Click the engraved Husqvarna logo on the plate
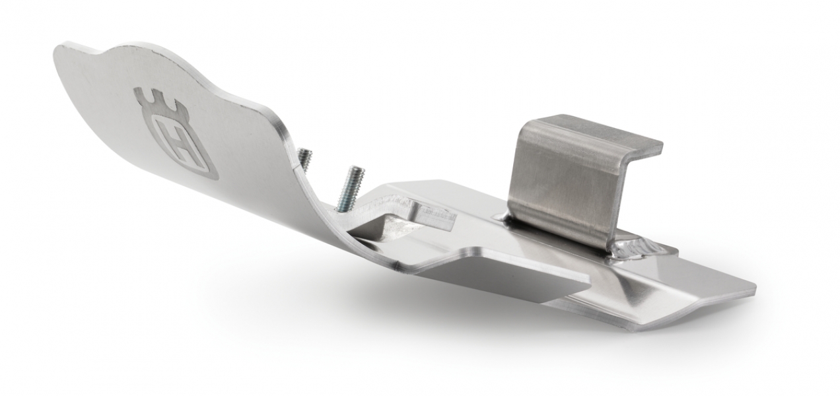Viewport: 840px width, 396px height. (x=175, y=135)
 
